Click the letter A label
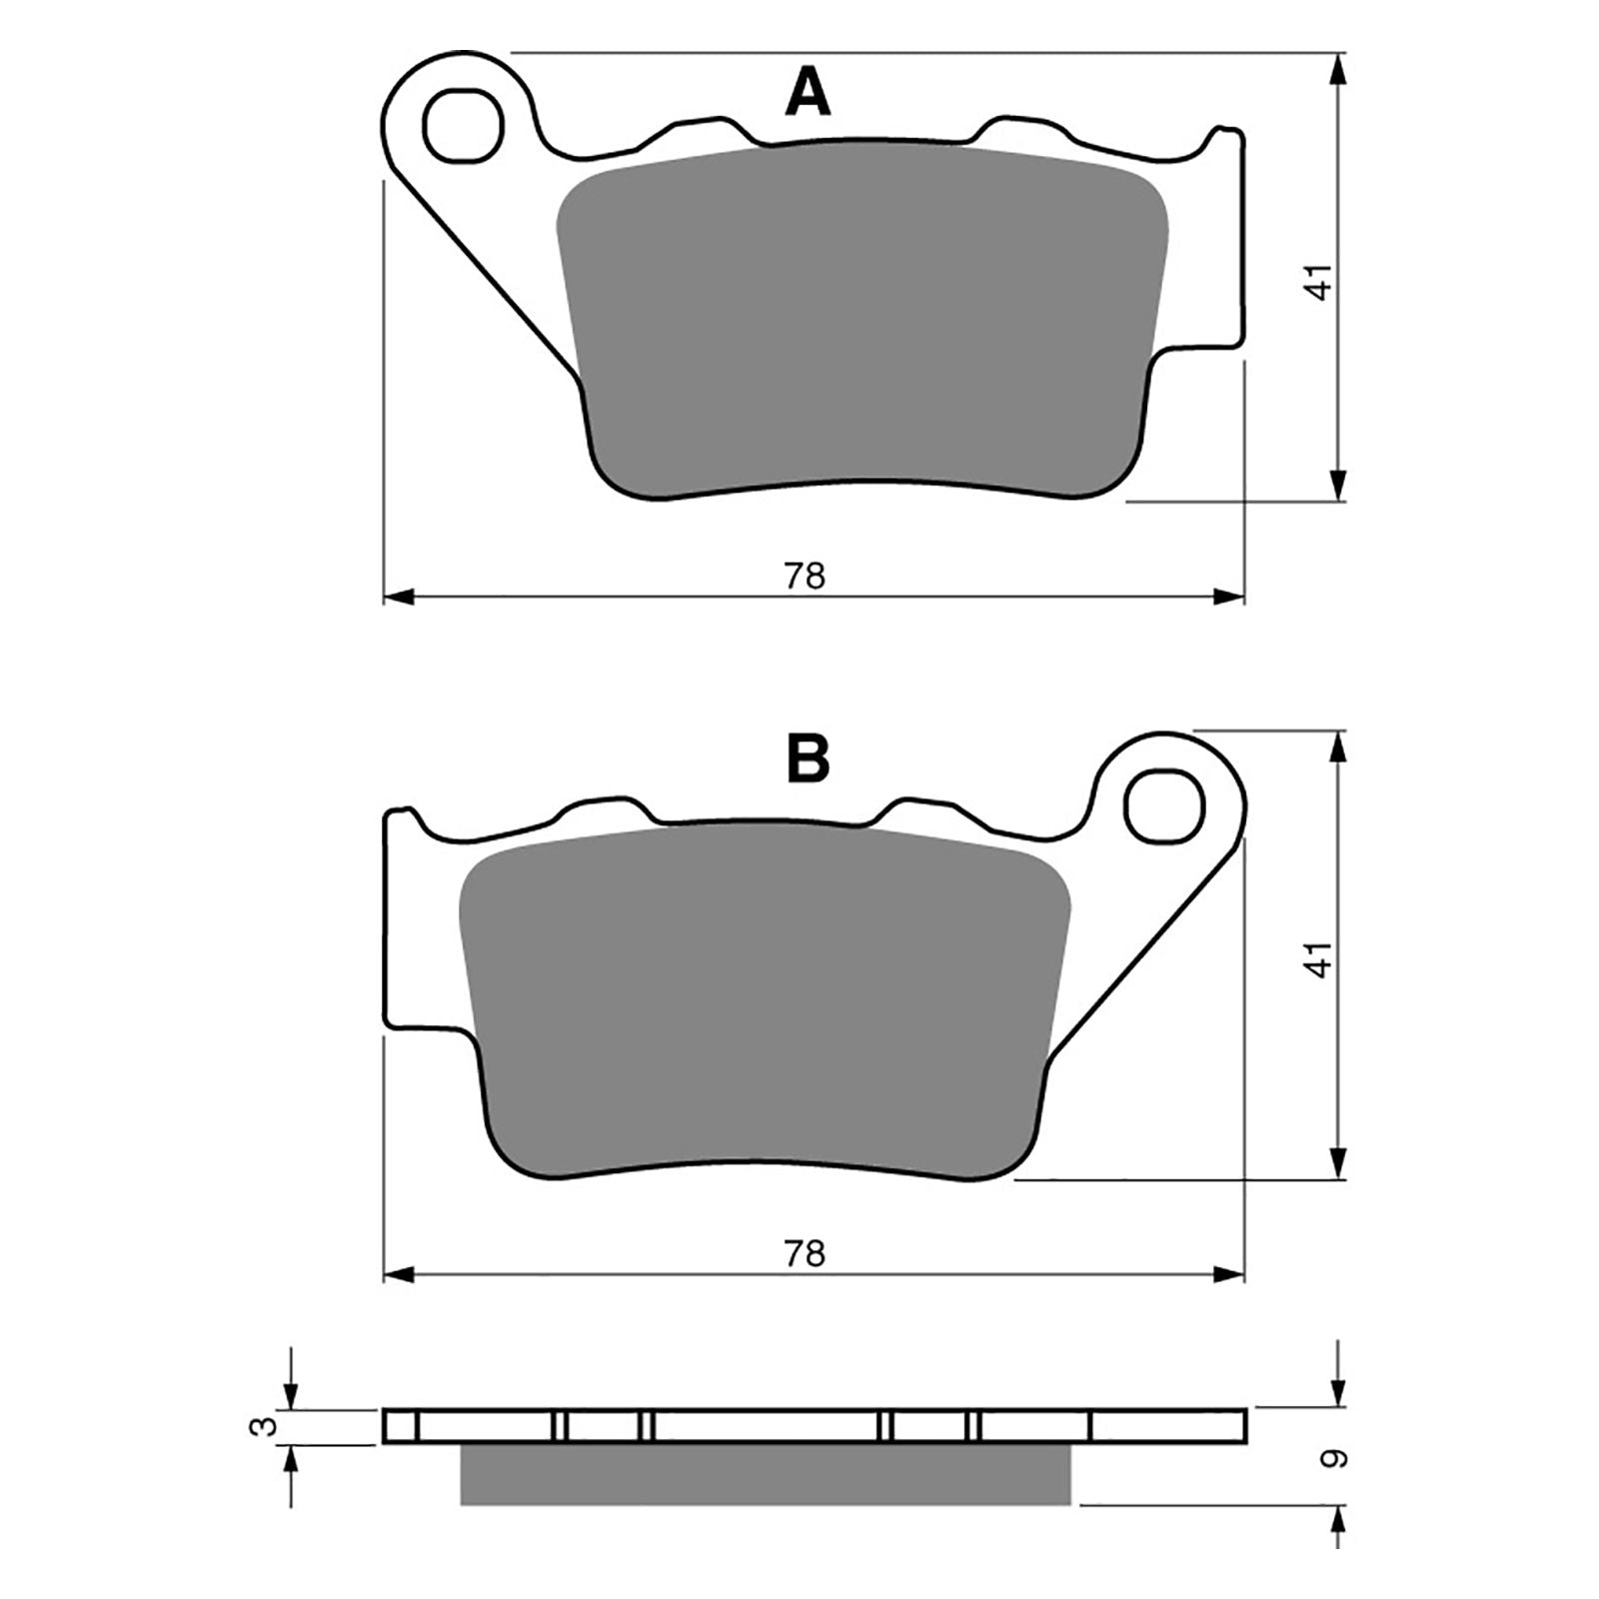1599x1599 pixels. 807,94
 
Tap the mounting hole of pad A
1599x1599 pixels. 462,125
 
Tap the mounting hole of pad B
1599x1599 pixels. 1165,804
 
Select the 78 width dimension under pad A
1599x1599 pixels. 804,577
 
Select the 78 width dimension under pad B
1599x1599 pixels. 804,1253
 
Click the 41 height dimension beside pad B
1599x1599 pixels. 1321,958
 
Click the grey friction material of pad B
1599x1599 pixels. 765,999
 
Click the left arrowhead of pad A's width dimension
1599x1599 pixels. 399,597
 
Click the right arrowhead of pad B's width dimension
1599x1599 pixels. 1230,1274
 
